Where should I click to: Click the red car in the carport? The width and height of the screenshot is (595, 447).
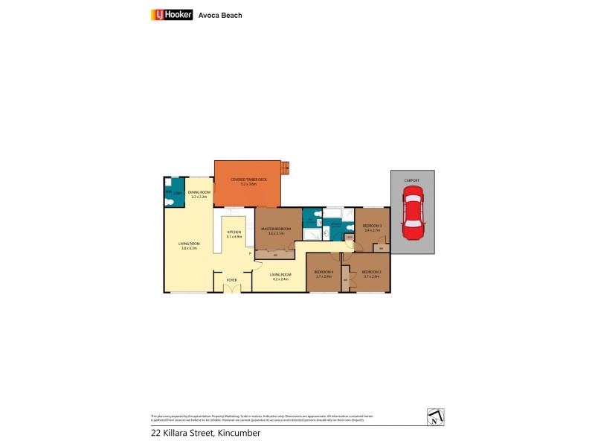click(413, 212)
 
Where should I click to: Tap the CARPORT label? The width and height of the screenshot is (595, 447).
click(413, 180)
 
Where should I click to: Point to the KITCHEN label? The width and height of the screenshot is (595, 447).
click(234, 232)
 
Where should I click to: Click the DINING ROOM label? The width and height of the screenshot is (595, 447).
click(199, 193)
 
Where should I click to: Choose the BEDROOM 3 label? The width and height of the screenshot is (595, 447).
click(372, 226)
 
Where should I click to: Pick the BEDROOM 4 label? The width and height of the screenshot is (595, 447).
click(323, 271)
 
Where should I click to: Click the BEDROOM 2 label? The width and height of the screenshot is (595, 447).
click(371, 271)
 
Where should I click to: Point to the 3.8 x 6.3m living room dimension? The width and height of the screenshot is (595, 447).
click(189, 248)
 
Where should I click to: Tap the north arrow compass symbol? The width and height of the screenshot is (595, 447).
click(436, 417)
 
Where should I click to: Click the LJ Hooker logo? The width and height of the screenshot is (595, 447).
click(172, 14)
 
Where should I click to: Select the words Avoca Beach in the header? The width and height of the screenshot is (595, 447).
click(221, 15)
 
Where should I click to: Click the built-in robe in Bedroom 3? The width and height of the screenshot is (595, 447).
click(380, 248)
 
